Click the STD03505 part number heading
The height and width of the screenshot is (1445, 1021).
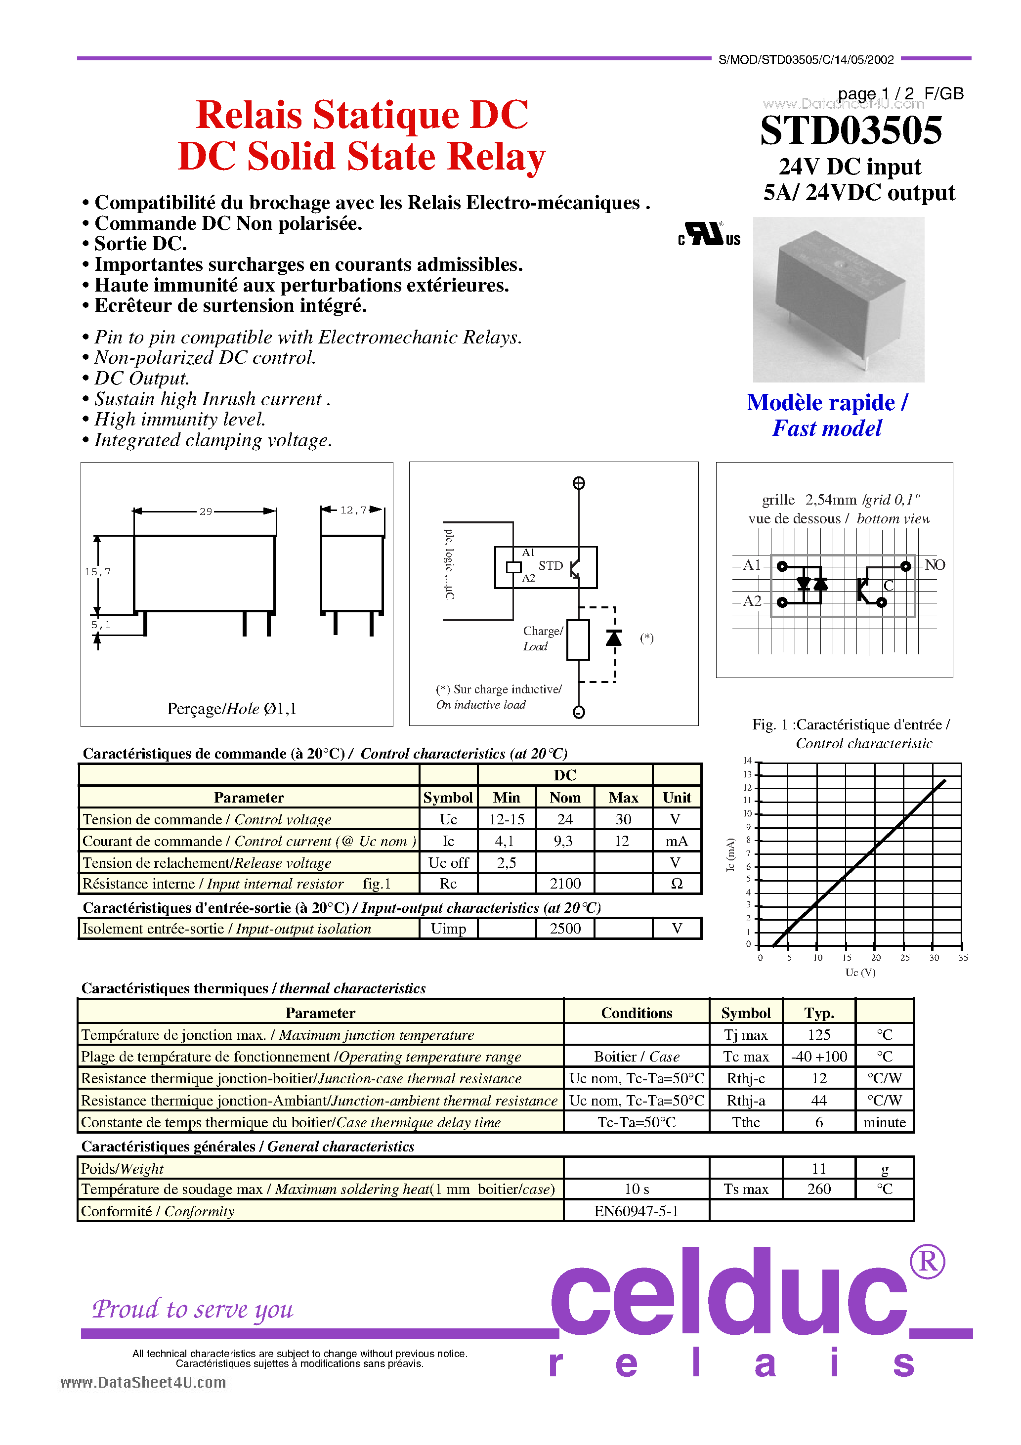click(x=851, y=131)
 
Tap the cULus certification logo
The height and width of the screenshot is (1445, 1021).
click(x=710, y=234)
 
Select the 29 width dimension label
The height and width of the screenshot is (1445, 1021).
click(x=205, y=511)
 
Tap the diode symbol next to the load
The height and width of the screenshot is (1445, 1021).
click(x=614, y=638)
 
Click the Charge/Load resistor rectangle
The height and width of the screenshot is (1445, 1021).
click(x=578, y=640)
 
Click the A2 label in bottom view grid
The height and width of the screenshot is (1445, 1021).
click(x=752, y=601)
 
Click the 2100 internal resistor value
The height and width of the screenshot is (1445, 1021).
click(x=565, y=884)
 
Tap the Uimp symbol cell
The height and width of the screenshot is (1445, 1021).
click(x=448, y=929)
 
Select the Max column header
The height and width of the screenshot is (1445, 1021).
click(x=623, y=798)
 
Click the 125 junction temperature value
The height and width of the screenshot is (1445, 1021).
click(x=819, y=1035)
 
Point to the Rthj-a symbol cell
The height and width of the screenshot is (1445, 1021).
click(x=746, y=1101)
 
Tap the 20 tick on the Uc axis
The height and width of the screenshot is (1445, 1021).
click(x=876, y=958)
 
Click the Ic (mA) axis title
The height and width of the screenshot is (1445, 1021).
click(x=730, y=854)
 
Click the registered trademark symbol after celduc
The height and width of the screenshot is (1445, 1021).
click(x=927, y=1261)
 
